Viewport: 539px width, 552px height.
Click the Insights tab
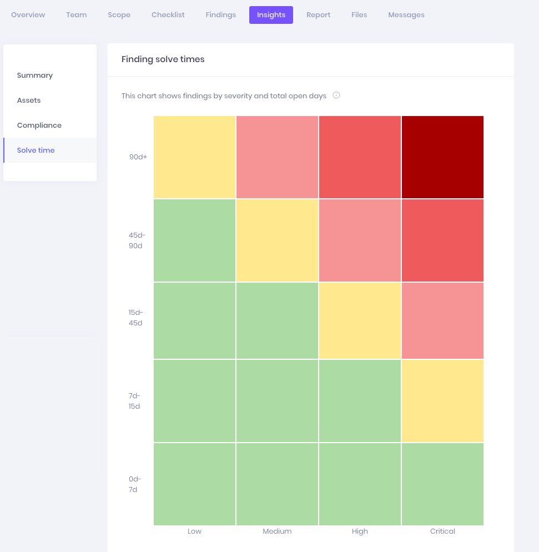[x=271, y=15]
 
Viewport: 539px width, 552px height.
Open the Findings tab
[x=220, y=15]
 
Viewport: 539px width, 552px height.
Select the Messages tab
[x=406, y=15]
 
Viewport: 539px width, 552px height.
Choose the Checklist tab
[x=168, y=15]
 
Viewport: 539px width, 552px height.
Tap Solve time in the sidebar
[x=36, y=150]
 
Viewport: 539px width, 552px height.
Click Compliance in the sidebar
[x=39, y=126]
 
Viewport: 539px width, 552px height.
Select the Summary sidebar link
[x=35, y=76]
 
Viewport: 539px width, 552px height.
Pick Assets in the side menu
[x=29, y=101]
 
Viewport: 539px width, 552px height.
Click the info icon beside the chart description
[x=336, y=95]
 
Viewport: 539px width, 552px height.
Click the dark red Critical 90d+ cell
[x=442, y=157]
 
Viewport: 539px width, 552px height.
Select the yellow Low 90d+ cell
[x=194, y=157]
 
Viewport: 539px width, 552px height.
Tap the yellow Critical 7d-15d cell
[x=442, y=400]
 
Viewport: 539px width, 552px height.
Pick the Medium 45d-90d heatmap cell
[x=277, y=240]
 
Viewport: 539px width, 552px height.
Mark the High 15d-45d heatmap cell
[x=360, y=321]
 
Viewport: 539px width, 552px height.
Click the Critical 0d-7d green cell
[x=442, y=484]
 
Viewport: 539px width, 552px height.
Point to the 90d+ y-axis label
[x=138, y=157]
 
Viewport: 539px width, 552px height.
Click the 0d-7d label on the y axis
[x=135, y=484]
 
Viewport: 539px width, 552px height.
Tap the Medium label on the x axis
[x=277, y=531]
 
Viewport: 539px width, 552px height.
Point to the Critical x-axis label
[x=442, y=531]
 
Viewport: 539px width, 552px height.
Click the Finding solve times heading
[x=163, y=59]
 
